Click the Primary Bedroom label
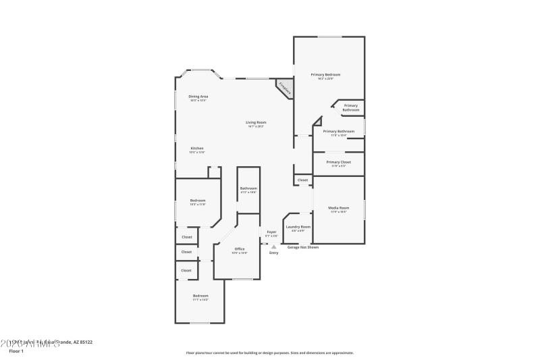pos(325,74)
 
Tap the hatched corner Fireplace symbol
pos(283,88)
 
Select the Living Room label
pos(256,122)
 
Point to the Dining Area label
pos(198,97)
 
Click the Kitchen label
pos(197,149)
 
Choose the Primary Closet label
pos(338,162)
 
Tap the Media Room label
pos(338,207)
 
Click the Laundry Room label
pos(298,227)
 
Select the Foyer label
pos(271,232)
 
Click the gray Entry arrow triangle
pos(273,247)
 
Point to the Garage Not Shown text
pos(303,247)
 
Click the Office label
pos(240,249)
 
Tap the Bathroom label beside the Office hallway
pos(248,188)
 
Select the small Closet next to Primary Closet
pos(302,180)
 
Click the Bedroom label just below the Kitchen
pos(198,201)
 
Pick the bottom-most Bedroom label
pos(200,296)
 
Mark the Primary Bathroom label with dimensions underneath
pos(338,131)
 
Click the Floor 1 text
pos(16,351)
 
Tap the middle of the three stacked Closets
pos(186,252)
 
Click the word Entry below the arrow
pos(273,253)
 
